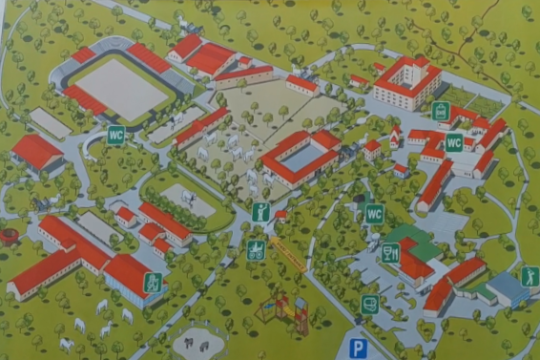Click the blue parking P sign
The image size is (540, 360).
[x=358, y=349]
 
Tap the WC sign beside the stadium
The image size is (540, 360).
[x=115, y=135]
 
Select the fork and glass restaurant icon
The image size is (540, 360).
[x=389, y=254]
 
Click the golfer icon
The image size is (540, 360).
[x=530, y=277]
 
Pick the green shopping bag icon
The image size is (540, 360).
[x=440, y=112]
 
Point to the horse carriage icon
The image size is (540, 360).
[x=256, y=249]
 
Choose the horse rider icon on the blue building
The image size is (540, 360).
[x=153, y=283]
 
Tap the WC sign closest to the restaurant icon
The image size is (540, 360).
[x=374, y=214]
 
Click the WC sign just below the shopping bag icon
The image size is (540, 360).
[x=453, y=142]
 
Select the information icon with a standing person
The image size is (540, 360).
[x=260, y=211]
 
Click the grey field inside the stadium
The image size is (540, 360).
[x=121, y=88]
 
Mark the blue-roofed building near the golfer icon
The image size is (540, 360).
[x=507, y=286]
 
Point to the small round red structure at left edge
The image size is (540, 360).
[x=8, y=235]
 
